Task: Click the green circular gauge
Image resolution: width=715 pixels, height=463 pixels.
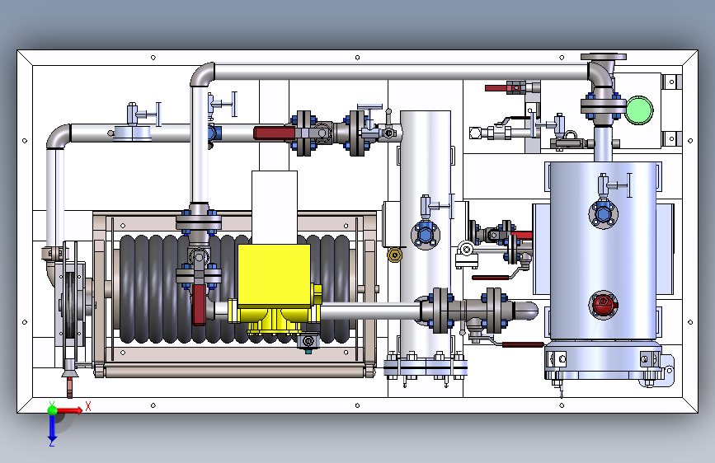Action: click(639, 110)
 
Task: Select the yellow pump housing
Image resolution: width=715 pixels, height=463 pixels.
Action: click(274, 287)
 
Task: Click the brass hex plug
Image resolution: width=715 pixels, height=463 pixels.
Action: click(394, 255)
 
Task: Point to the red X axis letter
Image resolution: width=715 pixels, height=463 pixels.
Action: click(88, 406)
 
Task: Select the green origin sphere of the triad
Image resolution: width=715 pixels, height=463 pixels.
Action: click(53, 409)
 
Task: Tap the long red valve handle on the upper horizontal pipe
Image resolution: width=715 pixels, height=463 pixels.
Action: click(275, 133)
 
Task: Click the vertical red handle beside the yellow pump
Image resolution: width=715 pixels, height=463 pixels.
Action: click(199, 304)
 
